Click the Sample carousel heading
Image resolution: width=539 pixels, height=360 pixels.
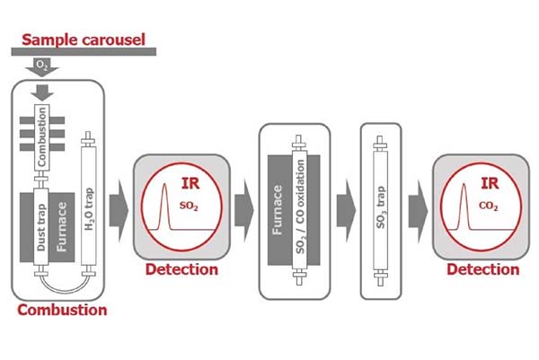(84, 39)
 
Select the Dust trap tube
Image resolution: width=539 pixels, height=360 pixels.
(40, 229)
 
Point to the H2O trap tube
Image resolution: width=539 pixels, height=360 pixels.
(87, 207)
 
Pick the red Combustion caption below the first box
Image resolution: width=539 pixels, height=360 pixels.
(61, 310)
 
